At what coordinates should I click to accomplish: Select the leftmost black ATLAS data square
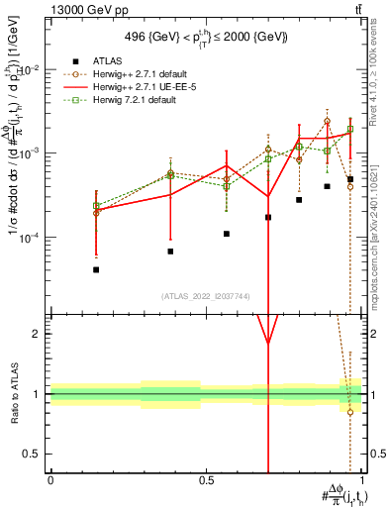(x=96, y=269)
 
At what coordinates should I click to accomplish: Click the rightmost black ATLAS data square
(x=350, y=179)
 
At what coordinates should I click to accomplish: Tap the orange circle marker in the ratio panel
(x=350, y=412)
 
